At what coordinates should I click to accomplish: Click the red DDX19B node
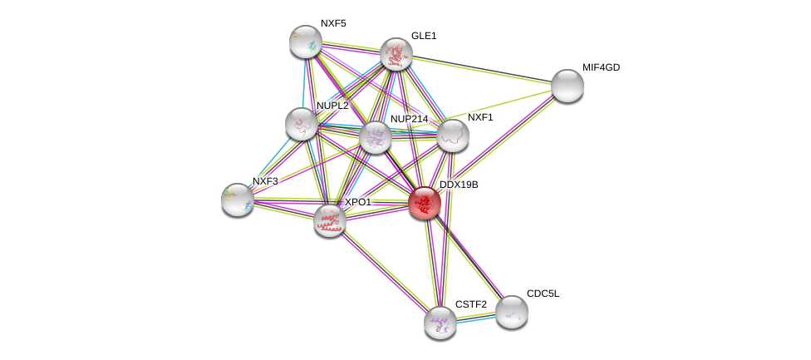tap(425, 203)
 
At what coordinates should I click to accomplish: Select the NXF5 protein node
tap(306, 42)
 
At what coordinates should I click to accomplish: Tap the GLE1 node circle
tap(396, 54)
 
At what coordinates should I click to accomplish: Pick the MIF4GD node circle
tap(568, 86)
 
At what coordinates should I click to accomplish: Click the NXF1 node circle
tap(453, 136)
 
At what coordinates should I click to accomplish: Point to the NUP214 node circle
tap(376, 137)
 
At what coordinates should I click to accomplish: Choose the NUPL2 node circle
tap(302, 124)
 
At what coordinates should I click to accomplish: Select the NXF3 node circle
tap(238, 200)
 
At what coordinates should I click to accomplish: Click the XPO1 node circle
tap(330, 220)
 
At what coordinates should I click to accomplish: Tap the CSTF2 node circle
tap(440, 323)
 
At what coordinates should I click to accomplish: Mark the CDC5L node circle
tap(512, 312)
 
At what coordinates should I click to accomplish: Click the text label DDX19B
tap(459, 185)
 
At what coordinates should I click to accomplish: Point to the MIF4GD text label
tap(601, 67)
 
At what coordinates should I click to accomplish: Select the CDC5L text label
tap(543, 293)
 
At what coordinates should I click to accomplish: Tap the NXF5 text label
tap(333, 23)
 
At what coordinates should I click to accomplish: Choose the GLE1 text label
tap(424, 36)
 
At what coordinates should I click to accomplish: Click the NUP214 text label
tap(409, 119)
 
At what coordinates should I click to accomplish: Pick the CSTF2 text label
tap(470, 304)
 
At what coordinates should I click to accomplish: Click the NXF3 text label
tap(266, 181)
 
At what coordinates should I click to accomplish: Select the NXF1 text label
tap(480, 117)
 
